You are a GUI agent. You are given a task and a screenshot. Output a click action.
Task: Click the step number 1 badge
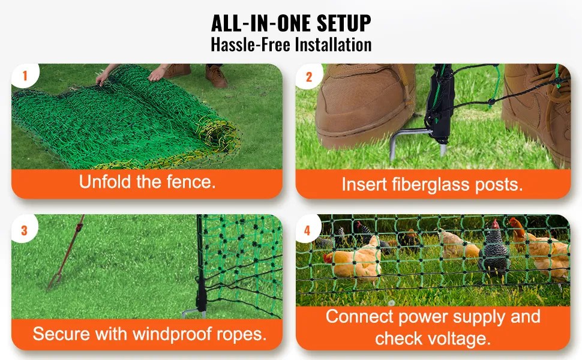[25, 76]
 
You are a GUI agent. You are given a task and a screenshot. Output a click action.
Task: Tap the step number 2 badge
[309, 76]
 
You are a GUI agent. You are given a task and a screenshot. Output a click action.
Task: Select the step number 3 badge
[25, 230]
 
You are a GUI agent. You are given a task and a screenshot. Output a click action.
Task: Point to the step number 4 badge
[308, 230]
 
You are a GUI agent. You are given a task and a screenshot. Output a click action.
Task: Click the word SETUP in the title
[344, 23]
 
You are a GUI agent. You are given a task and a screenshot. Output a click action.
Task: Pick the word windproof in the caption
[173, 334]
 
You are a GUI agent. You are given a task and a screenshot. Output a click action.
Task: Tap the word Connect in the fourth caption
[359, 317]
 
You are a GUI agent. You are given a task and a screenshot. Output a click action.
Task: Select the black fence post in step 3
[201, 266]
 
